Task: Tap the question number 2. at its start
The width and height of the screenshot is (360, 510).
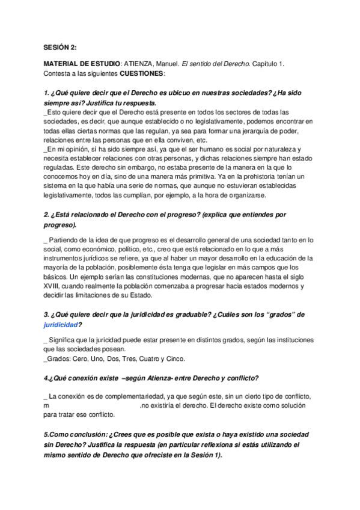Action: (x=47, y=215)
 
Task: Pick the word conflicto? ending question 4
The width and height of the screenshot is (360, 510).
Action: (x=240, y=378)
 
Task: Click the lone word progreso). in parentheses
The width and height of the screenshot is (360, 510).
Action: (x=60, y=225)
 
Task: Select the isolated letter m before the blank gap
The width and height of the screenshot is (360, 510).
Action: (x=46, y=406)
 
